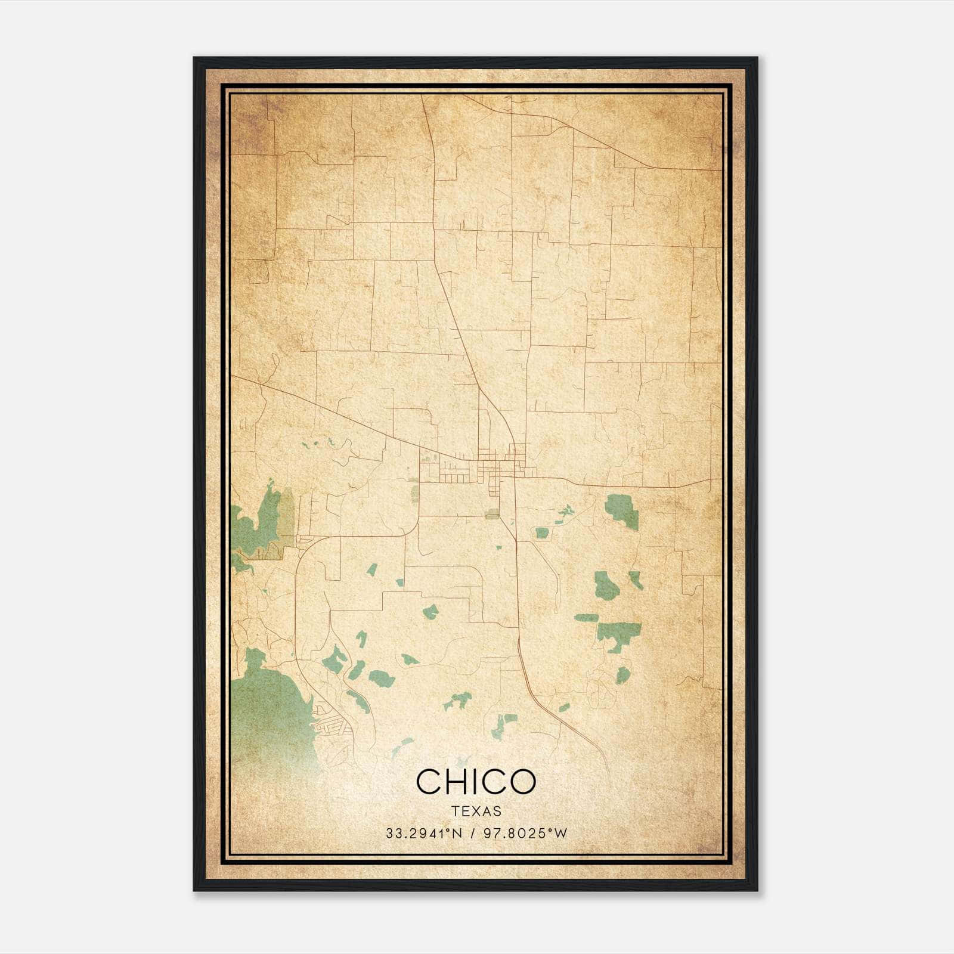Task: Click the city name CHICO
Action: pos(476,781)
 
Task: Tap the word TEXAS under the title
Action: pos(476,811)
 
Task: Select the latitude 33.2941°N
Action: pos(424,834)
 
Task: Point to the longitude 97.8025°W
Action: pos(525,834)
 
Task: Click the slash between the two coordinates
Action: pos(473,834)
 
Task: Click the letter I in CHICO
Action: pos(475,781)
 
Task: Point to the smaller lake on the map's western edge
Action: pos(259,525)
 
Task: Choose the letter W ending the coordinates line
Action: pos(561,834)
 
